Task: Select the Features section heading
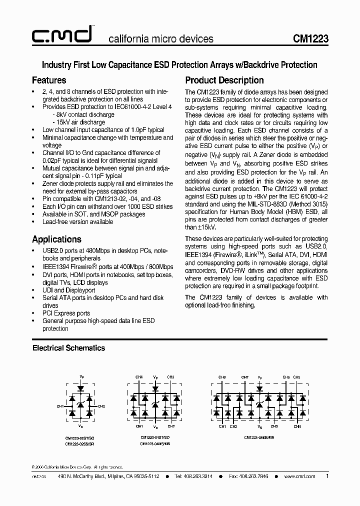coord(49,80)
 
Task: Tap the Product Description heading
coord(224,80)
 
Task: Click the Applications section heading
coord(56,239)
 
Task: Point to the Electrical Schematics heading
coord(68,347)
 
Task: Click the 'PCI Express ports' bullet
coord(66,313)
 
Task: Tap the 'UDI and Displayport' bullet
coord(69,290)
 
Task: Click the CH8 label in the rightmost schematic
coord(222,377)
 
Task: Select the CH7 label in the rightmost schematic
coord(245,377)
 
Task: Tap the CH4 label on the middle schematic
coord(139,377)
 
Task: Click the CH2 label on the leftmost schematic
coord(102,406)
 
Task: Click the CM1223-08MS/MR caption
coord(259,436)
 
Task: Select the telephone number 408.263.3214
coord(197,476)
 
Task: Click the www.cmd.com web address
coord(299,476)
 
